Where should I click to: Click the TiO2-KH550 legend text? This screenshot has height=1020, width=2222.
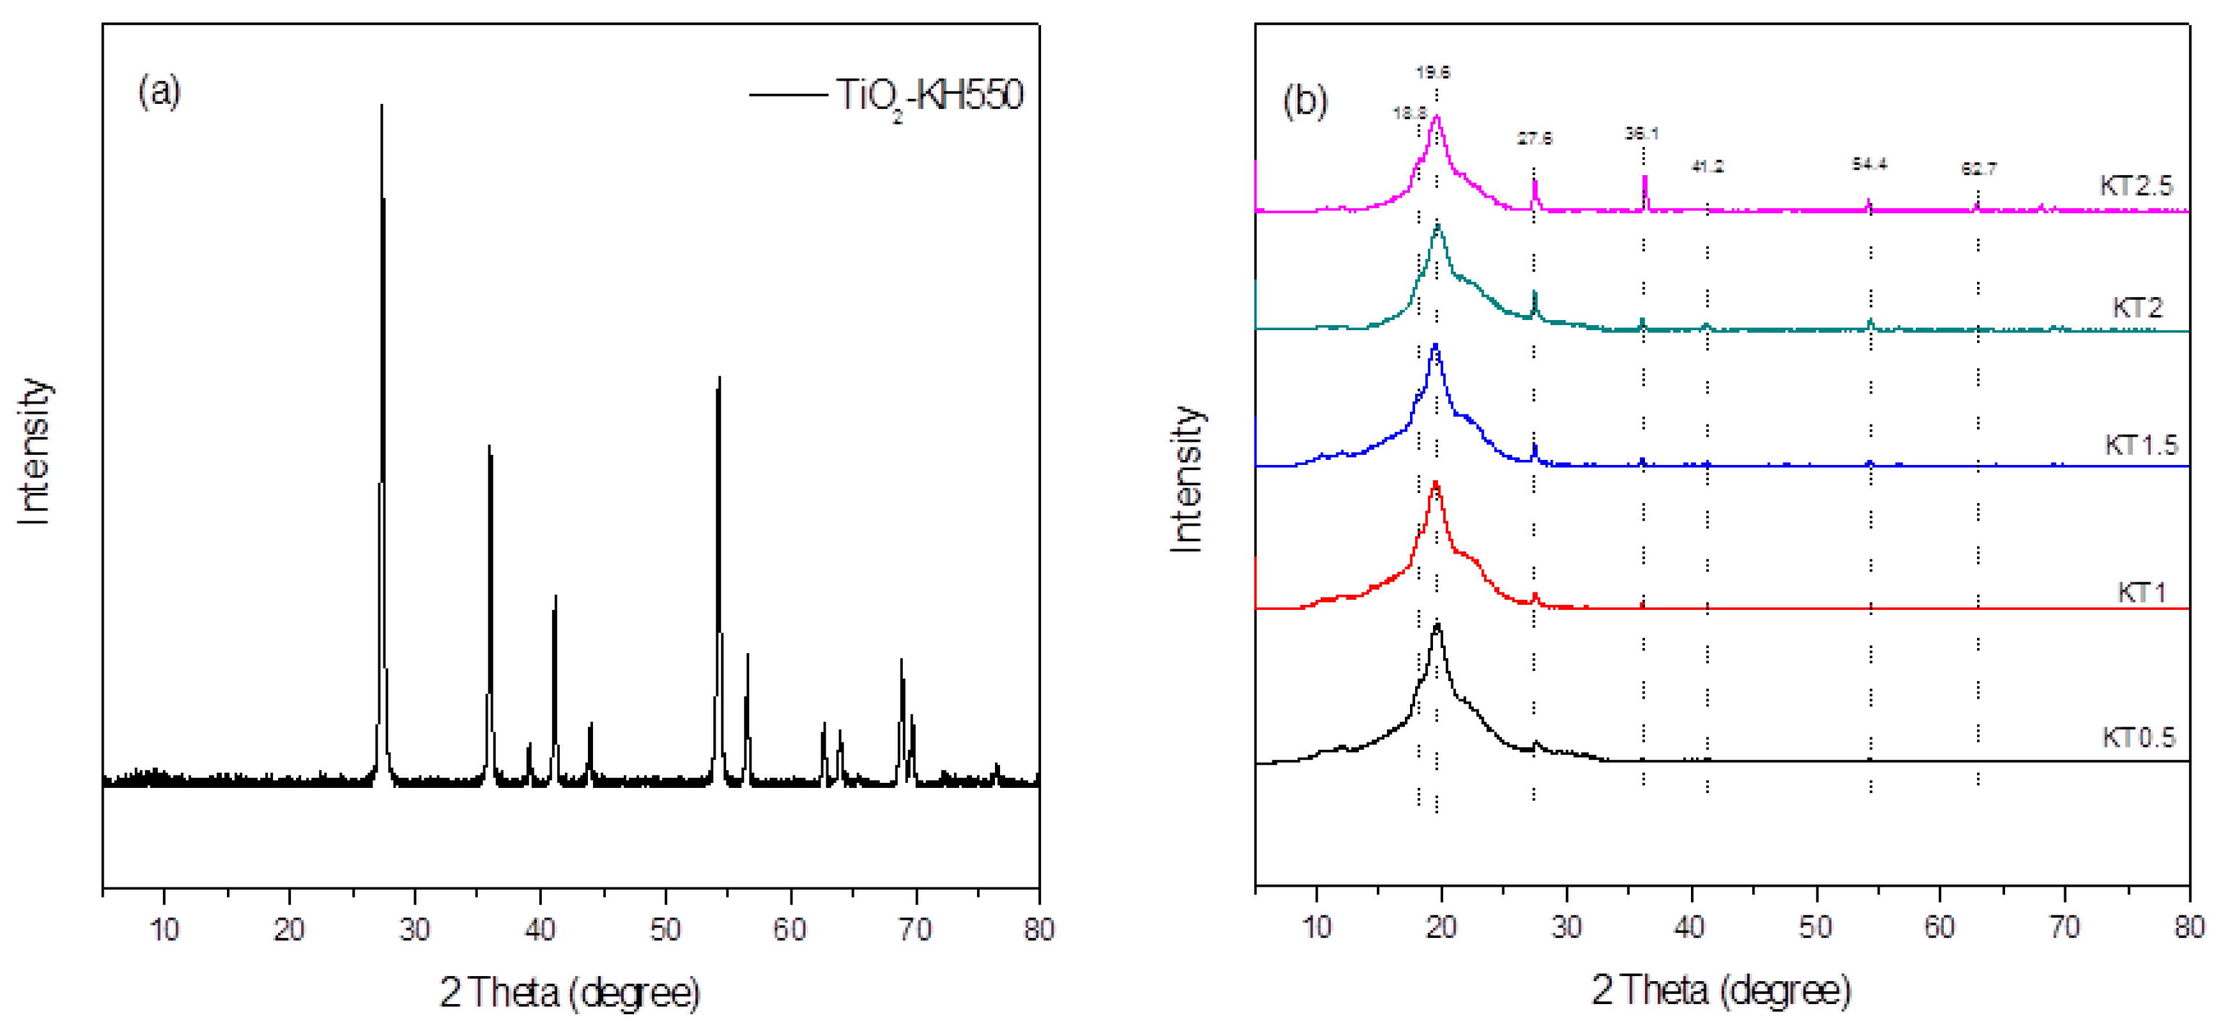point(929,95)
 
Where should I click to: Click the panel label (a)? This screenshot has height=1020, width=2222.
point(159,91)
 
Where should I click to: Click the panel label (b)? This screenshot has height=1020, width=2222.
point(1304,101)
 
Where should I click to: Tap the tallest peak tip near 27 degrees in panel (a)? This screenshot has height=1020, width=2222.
point(381,105)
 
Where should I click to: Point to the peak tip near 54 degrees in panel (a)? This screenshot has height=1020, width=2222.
point(719,378)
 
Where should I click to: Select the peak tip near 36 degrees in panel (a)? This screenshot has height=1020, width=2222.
point(489,446)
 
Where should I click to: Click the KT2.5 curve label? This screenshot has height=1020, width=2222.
point(2136,185)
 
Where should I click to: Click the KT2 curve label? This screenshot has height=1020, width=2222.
point(2138,308)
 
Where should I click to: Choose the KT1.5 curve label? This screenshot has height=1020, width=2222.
point(2141,445)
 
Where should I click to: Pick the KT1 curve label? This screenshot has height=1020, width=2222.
point(2142,593)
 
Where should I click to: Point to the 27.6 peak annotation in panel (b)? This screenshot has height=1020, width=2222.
point(1535,138)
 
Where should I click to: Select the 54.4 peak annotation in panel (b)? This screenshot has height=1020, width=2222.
point(1869,164)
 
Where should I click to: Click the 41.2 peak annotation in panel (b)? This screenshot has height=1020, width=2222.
point(1707,167)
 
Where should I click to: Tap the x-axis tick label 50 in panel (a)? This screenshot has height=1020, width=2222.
point(665,929)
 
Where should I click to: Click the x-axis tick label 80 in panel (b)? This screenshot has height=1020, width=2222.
point(2188,928)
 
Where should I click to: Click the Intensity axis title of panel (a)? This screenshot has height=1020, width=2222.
point(34,451)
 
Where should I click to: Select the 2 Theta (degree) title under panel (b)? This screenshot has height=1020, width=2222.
point(1721,990)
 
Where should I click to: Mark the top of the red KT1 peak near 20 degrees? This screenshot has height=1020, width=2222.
point(1435,482)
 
